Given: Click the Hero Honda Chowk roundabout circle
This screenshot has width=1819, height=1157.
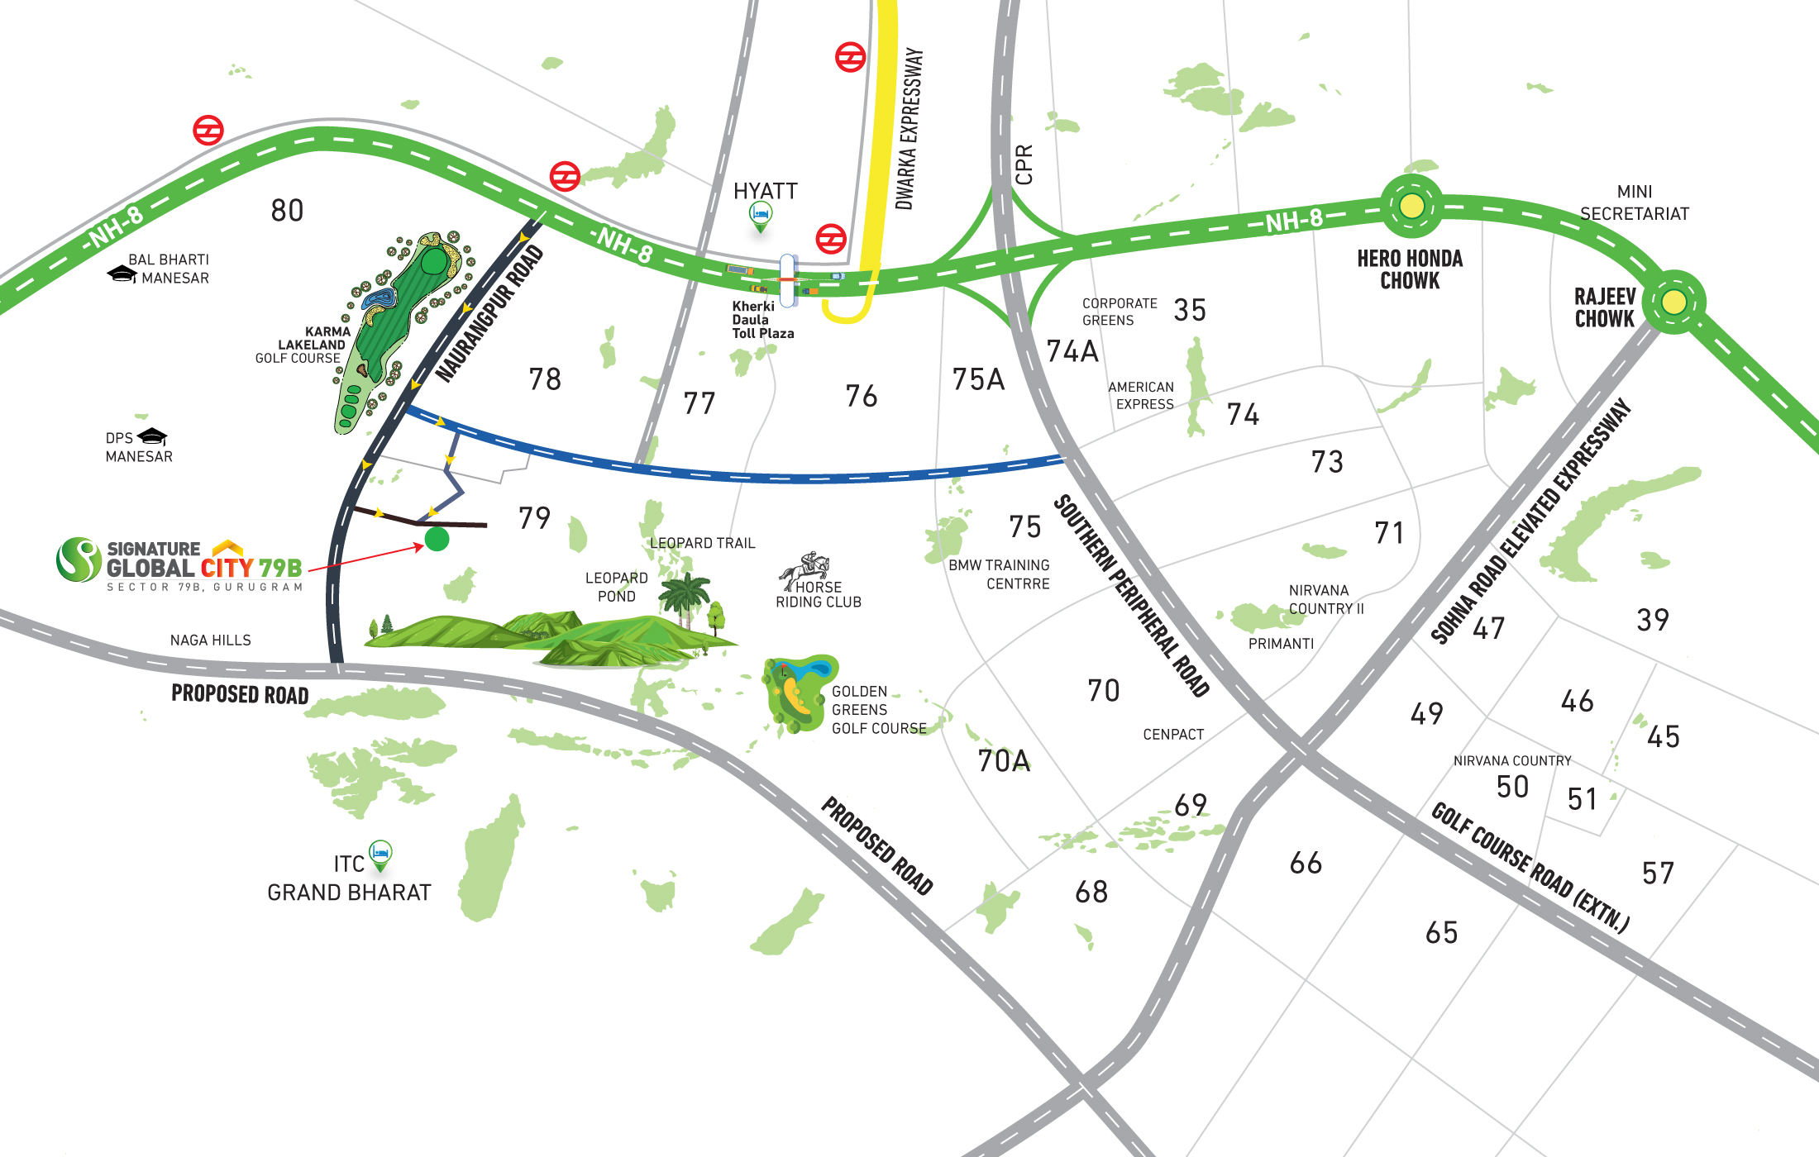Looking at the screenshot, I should [1411, 205].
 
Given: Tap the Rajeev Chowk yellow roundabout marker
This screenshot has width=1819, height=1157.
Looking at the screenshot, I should [1673, 302].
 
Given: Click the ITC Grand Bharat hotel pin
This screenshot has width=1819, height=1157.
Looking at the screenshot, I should [380, 854].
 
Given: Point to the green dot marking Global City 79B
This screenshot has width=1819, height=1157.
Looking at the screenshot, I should [437, 540].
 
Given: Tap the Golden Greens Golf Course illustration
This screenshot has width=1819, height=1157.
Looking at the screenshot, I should [797, 692].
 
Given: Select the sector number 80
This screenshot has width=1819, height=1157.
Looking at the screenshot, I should [287, 211].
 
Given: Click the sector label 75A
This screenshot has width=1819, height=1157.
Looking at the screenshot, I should [978, 379].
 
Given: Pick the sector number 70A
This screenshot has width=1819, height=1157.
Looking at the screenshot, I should [1004, 760].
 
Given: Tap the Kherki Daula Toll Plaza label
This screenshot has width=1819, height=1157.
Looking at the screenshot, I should [761, 320].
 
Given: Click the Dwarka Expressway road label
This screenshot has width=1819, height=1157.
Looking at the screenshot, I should [909, 128].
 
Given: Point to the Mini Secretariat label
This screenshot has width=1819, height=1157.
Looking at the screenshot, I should [1634, 202].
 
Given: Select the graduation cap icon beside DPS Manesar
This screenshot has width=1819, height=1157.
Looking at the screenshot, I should [153, 436].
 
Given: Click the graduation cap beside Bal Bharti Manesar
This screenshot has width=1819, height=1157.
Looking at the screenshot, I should [122, 274].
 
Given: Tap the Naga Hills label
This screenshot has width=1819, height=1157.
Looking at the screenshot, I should [210, 640].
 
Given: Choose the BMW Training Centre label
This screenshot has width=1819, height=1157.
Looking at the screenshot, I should [999, 574].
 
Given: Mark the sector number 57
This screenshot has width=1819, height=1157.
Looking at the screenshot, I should [1658, 873].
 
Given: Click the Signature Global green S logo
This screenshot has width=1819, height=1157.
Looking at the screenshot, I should [79, 559].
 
